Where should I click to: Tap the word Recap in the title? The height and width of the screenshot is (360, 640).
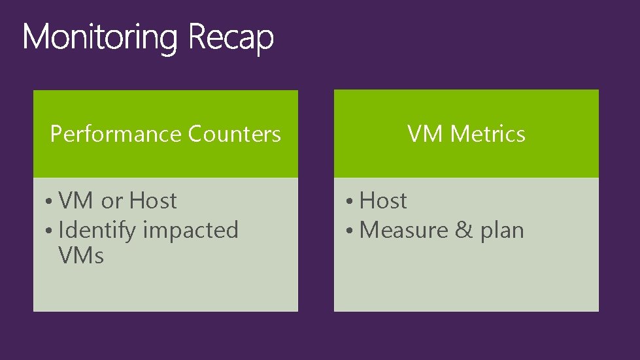coord(230,38)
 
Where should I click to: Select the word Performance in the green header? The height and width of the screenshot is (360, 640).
coord(116,134)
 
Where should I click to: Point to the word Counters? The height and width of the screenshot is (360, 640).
coord(235,134)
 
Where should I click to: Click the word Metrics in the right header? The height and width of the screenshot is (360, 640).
coord(487,134)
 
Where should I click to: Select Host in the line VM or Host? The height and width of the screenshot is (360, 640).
coord(153,201)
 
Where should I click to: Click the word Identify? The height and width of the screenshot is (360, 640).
coord(97,231)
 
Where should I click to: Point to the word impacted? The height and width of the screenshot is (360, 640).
coord(190,231)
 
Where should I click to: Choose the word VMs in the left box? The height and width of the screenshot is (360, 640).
coord(80,256)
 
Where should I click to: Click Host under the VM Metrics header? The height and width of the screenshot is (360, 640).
coord(383,201)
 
